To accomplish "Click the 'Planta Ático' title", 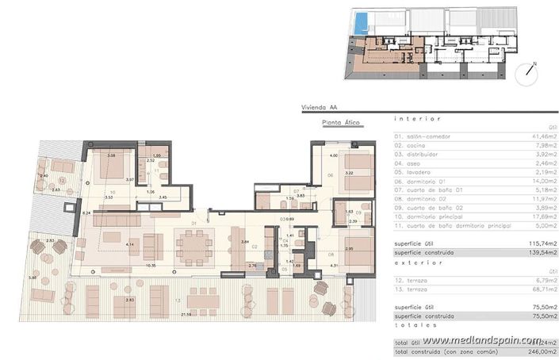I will click(x=342, y=122).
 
